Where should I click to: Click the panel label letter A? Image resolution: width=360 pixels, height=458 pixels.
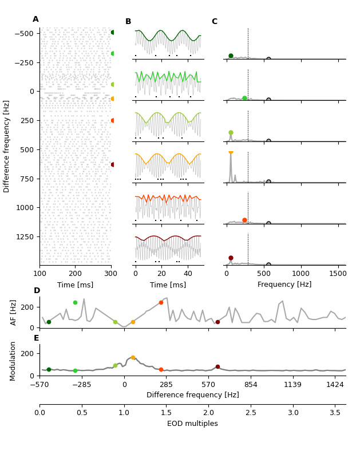[x=35, y=19]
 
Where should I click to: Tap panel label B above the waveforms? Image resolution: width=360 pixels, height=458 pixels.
[x=128, y=22]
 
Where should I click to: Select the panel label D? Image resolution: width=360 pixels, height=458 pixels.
[x=37, y=291]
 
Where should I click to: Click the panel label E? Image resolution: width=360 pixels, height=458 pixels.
[x=37, y=338]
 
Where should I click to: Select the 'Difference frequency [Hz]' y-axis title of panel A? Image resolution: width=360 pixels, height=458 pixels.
[x=7, y=146]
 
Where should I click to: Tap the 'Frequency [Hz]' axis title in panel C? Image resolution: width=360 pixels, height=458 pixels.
[x=284, y=285]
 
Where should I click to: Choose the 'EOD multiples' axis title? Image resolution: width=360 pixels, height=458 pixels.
[x=192, y=424]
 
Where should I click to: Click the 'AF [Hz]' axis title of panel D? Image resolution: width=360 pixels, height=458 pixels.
[x=14, y=312]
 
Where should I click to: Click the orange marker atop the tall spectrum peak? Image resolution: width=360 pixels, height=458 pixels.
[x=231, y=152]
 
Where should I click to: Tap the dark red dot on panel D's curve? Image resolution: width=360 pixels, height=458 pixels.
[x=217, y=322]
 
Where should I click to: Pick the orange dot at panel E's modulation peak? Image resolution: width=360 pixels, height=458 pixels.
[x=133, y=357]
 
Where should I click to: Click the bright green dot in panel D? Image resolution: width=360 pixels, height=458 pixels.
[x=75, y=302]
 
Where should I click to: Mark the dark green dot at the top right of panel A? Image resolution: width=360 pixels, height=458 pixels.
[x=113, y=33]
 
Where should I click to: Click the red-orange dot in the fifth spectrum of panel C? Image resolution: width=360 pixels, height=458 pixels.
[x=244, y=220]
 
